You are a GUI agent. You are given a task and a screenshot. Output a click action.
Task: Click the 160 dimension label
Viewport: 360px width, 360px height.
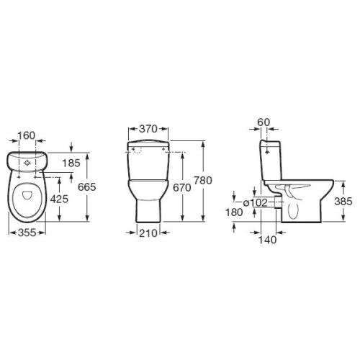point(27,135)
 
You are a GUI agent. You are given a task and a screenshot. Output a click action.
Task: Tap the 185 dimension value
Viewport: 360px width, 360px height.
point(71,163)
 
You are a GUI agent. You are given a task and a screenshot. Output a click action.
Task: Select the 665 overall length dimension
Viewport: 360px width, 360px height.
point(87,187)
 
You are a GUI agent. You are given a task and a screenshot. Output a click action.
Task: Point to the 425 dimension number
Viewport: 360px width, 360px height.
point(59,199)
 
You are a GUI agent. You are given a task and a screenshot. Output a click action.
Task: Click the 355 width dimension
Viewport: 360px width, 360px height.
point(27,233)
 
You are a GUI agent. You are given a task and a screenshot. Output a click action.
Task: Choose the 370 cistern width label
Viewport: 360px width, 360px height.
point(148,129)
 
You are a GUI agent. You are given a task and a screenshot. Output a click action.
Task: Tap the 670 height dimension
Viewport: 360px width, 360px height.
point(182,187)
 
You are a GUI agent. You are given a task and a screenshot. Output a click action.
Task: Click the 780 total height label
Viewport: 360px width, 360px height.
point(203,181)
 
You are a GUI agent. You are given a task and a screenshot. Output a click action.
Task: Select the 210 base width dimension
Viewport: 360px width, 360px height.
point(148,233)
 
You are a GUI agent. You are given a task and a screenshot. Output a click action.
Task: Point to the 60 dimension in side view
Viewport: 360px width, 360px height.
point(264,122)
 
